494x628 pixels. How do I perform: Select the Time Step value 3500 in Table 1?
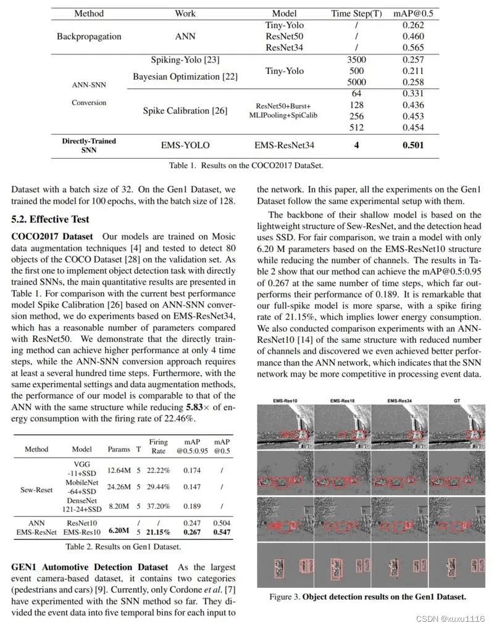pos(356,59)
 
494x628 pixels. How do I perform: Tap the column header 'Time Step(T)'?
pos(356,14)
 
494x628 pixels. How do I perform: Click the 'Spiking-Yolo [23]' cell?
pos(185,60)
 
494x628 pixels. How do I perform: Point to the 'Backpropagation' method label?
pos(90,36)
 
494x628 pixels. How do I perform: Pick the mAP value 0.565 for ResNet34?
pos(413,48)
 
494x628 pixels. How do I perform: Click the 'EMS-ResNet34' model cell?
pos(284,145)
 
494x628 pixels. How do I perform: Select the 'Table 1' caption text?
pos(246,165)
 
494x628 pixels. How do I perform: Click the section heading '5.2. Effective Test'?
pos(50,219)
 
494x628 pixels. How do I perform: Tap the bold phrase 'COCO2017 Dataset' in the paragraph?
pos(52,237)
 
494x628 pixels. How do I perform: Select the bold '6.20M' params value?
pos(119,530)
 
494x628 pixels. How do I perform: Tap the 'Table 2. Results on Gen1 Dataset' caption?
pos(123,546)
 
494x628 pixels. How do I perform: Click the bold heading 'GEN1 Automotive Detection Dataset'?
pos(90,567)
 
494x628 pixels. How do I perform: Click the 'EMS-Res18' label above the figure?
pos(343,401)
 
